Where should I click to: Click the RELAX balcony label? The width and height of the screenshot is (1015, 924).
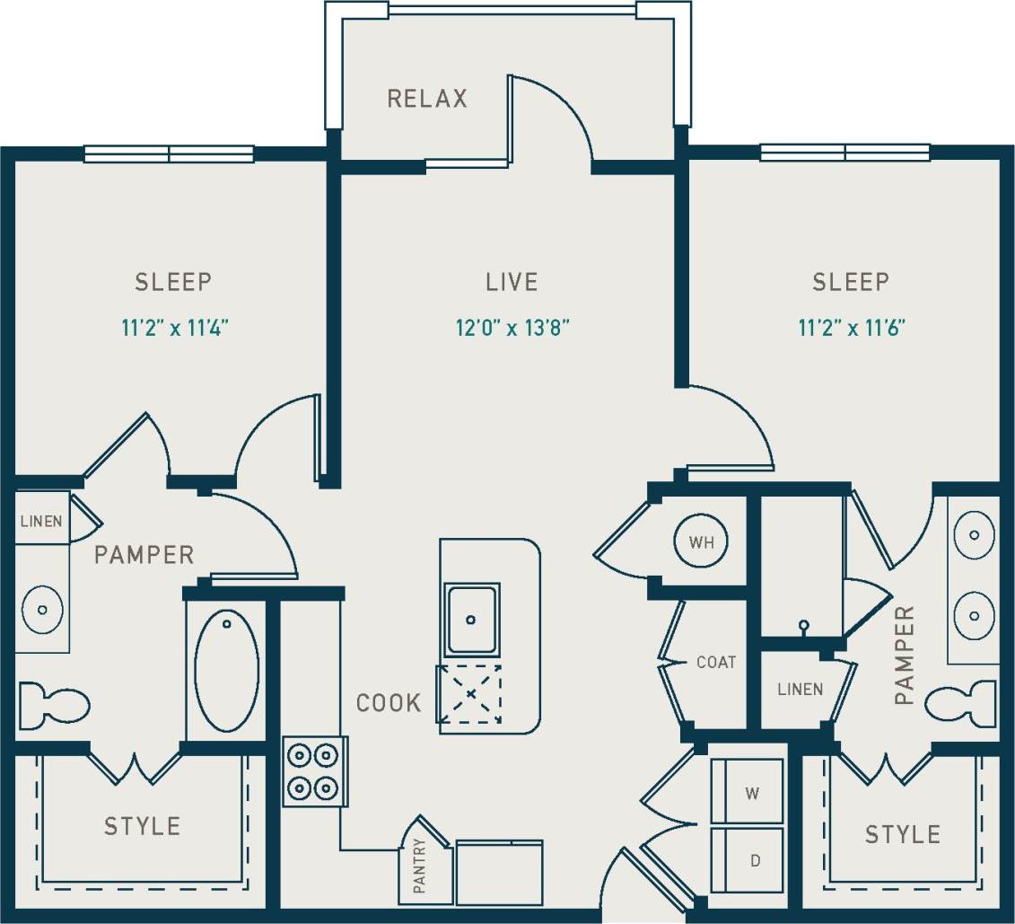427,98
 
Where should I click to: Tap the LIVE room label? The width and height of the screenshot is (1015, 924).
512,282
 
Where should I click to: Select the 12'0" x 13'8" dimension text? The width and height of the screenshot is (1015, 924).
512,329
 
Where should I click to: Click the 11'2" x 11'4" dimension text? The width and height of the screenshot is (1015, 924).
176,329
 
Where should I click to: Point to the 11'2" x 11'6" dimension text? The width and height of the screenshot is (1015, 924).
851,329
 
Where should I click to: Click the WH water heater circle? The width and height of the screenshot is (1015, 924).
701,542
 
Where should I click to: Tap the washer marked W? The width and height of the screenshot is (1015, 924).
748,792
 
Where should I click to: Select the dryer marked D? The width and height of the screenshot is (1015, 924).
748,860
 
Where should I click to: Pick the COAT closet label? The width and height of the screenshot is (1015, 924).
716,663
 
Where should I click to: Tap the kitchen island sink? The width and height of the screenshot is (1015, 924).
471,620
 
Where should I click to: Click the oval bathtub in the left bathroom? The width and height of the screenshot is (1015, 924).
226,670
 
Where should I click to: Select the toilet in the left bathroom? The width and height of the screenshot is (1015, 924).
54,703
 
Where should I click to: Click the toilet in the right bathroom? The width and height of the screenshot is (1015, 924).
961,701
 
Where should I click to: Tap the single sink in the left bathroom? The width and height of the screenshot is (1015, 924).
42,609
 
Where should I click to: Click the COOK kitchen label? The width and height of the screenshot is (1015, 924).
389,703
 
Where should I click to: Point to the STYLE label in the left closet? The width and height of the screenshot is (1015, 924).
142,826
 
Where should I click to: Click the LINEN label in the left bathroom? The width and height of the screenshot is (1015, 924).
41,521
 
